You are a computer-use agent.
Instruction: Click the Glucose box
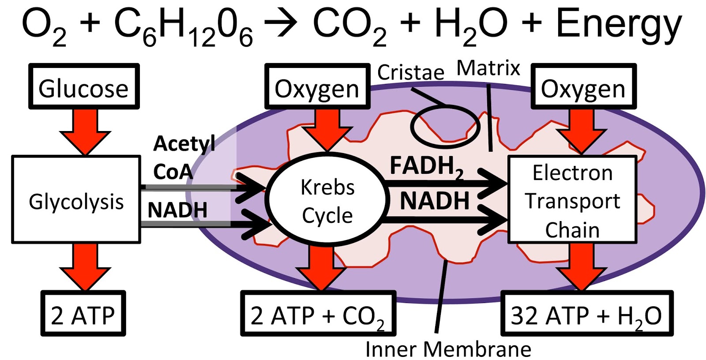[x=84, y=87]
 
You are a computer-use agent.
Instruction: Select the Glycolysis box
[x=76, y=200]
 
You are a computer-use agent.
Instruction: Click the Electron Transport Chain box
[x=572, y=200]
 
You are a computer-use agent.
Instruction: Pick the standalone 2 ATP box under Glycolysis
[x=83, y=314]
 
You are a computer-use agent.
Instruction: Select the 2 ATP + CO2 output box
[x=318, y=314]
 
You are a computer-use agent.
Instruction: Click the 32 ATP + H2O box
[x=586, y=314]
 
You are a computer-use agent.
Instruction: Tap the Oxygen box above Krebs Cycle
[x=317, y=87]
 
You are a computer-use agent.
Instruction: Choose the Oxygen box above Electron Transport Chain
[x=583, y=87]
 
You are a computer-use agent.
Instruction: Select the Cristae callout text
[x=410, y=72]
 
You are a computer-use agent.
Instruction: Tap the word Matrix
[x=488, y=68]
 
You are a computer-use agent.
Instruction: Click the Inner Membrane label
[x=448, y=349]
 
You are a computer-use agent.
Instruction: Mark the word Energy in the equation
[x=619, y=24]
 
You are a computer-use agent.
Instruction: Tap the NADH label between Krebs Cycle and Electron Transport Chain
[x=435, y=201]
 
